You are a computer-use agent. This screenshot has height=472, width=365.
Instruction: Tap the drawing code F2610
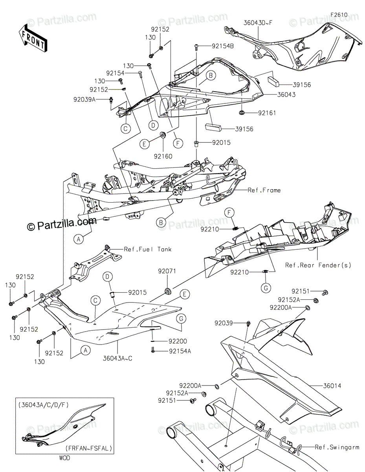point(339,15)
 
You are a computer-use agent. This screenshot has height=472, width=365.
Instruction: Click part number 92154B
point(223,46)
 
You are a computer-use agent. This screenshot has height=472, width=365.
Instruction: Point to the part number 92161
point(267,113)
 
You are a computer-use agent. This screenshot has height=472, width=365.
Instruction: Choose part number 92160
point(162,156)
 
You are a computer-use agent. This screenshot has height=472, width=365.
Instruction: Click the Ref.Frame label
point(264,190)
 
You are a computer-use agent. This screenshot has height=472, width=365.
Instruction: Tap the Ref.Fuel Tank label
point(142,249)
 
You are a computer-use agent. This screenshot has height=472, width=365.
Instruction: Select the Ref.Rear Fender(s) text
point(318,265)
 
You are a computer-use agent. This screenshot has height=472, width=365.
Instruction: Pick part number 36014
point(332,386)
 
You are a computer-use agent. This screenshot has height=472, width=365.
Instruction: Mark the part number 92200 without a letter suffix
point(178,341)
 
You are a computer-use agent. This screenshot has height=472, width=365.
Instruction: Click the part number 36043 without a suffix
point(281,95)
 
